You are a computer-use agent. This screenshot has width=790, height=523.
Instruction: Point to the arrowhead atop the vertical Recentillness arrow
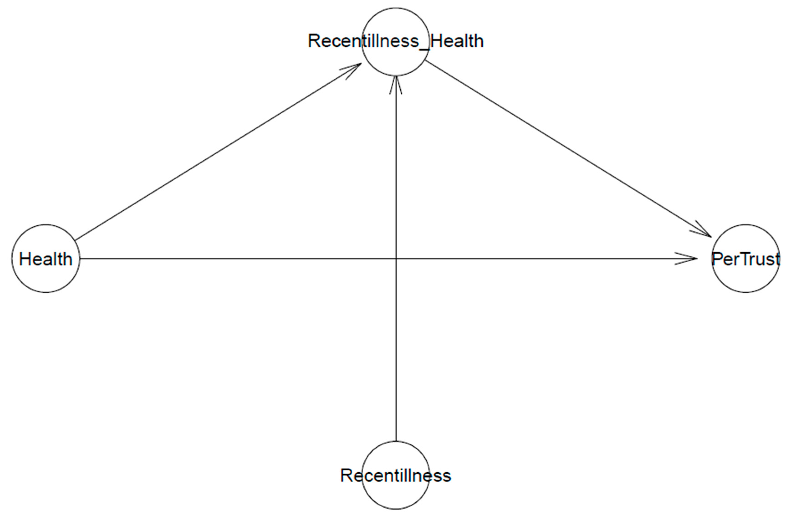tap(396, 83)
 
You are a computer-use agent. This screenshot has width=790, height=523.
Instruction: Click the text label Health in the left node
tap(46, 259)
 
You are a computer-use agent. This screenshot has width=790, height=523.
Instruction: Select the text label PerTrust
tap(746, 259)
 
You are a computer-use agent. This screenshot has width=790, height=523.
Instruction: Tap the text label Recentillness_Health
tap(395, 41)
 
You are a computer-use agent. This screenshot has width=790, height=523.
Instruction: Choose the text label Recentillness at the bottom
tap(395, 475)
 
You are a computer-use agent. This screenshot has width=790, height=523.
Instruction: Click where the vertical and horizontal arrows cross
tap(396, 258)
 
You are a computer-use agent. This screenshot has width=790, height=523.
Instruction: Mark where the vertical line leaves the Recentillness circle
tap(396, 441)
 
